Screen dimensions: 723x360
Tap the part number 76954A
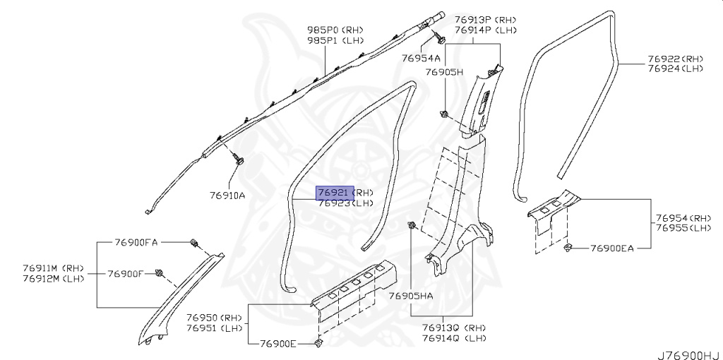click(421, 58)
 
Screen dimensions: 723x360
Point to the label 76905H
click(443, 73)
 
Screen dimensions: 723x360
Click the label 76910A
click(227, 196)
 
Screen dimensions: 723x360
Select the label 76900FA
click(136, 242)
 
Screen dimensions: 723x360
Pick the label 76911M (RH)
click(55, 268)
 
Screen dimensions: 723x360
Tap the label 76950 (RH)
click(215, 318)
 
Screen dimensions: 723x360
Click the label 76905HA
click(411, 296)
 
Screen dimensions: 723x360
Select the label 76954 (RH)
click(683, 218)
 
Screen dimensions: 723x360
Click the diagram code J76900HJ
click(688, 353)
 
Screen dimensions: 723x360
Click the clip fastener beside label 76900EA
click(568, 247)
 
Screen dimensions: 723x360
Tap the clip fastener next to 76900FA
click(193, 244)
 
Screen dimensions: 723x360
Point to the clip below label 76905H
click(443, 114)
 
